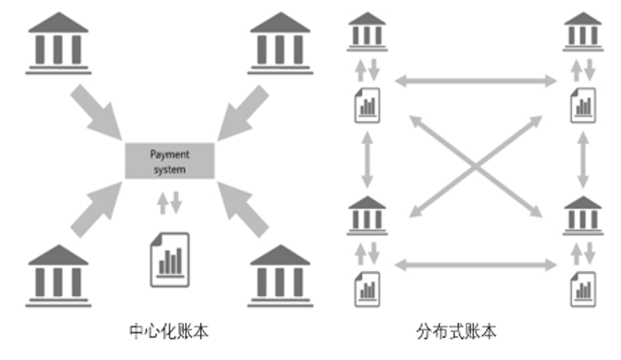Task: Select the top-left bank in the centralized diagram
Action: [59, 43]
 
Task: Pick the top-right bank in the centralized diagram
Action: [279, 43]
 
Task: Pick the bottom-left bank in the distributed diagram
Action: [367, 216]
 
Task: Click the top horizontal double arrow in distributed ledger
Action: [475, 80]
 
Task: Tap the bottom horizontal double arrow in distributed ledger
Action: [475, 266]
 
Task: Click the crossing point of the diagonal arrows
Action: [476, 165]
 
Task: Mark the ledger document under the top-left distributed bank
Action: [367, 105]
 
